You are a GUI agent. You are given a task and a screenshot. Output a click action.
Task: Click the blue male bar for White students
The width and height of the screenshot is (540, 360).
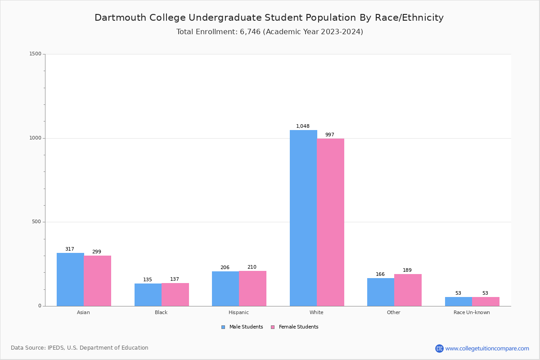click(303, 218)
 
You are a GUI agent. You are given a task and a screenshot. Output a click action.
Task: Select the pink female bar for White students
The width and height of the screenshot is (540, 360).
click(330, 222)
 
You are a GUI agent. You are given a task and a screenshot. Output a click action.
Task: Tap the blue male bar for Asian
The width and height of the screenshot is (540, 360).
click(70, 279)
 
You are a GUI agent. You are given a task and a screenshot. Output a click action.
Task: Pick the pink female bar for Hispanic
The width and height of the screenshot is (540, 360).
click(252, 288)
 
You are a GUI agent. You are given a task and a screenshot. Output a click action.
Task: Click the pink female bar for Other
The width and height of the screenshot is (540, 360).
click(408, 290)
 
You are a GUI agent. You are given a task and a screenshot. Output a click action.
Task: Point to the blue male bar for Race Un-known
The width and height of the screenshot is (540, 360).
click(459, 301)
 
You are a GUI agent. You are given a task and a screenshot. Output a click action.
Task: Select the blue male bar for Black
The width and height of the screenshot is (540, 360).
click(148, 295)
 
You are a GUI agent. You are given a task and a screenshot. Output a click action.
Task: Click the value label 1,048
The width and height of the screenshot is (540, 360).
click(303, 126)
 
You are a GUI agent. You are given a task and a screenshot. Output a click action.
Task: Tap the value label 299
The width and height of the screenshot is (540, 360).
click(97, 252)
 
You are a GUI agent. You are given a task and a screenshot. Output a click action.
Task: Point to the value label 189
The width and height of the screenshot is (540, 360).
click(407, 270)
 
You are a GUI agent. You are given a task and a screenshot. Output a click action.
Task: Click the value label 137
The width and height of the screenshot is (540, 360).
click(175, 279)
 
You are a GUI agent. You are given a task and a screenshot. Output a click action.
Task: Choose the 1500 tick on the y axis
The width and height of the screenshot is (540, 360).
click(36, 54)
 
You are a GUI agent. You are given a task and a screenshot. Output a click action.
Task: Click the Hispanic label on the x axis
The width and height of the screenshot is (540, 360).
click(238, 312)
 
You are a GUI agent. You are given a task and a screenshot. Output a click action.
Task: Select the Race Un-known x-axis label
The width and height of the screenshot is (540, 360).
click(472, 312)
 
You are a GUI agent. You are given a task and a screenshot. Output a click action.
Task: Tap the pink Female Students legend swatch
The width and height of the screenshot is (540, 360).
click(273, 327)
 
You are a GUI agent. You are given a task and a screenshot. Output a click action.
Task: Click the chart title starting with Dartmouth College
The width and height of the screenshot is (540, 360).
click(269, 18)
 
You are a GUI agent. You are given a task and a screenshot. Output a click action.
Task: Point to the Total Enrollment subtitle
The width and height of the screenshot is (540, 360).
click(270, 32)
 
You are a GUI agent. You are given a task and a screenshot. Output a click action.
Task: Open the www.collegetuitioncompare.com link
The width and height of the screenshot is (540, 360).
click(487, 348)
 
